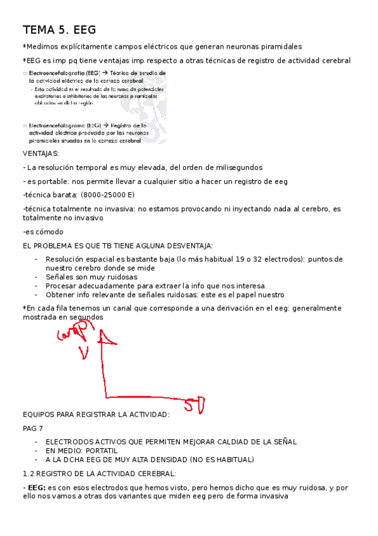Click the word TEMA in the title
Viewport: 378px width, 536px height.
[38, 30]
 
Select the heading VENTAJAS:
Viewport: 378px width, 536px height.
[42, 154]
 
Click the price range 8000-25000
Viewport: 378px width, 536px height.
[105, 194]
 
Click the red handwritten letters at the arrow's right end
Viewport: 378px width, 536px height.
[196, 403]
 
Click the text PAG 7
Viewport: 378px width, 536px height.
[33, 428]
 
